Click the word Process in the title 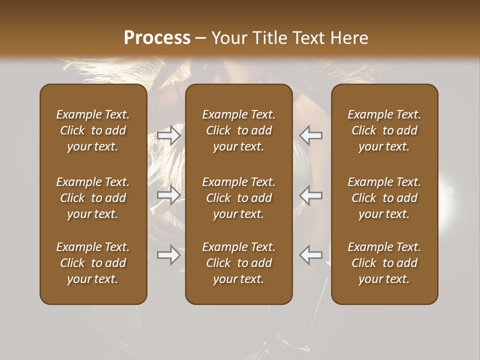pos(157,38)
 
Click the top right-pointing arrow pos(169,135)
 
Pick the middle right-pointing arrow pos(169,195)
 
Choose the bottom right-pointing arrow pos(169,255)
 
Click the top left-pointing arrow pos(310,135)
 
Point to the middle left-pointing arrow pos(310,195)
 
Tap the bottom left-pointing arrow pos(310,255)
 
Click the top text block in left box pos(93,130)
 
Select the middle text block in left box pos(93,198)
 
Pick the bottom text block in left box pos(93,263)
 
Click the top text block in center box pos(238,130)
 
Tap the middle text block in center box pos(238,198)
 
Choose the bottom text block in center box pos(238,263)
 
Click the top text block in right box pos(384,130)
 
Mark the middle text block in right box pos(384,198)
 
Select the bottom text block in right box pos(384,263)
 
